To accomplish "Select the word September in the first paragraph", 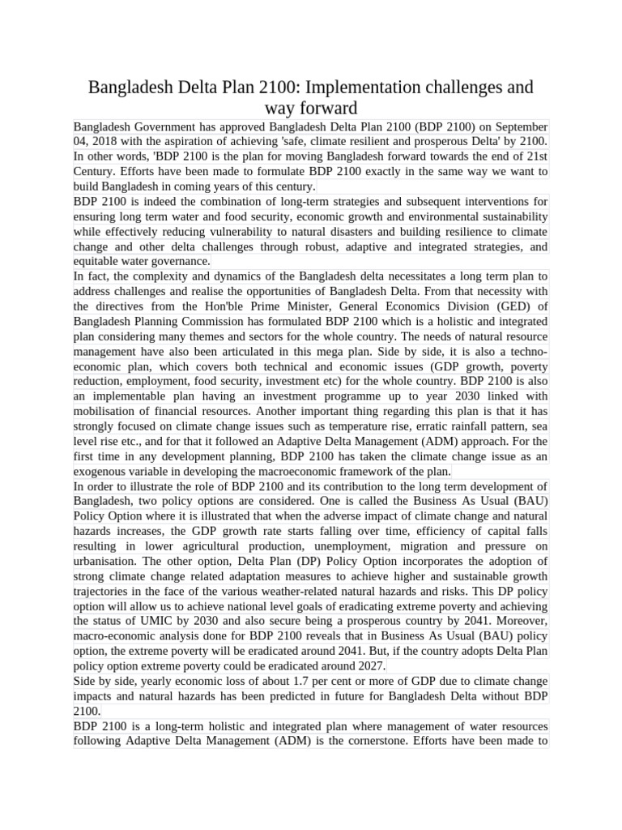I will (x=518, y=126).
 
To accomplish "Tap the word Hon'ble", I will (x=235, y=306).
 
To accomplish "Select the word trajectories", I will (x=101, y=591).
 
